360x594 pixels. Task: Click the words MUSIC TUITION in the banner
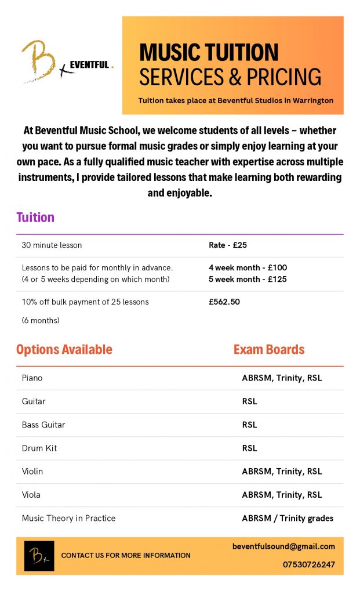coord(209,53)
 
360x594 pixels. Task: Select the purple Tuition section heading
coord(35,218)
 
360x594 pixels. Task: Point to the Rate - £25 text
coord(228,245)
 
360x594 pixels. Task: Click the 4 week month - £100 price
coord(248,268)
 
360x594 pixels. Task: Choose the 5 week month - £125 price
coord(248,279)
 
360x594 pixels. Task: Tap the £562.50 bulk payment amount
coord(224,302)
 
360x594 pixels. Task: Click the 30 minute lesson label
coord(52,245)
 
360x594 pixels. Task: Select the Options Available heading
coord(64,349)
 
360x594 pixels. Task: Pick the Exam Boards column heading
coord(269,349)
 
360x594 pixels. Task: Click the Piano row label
coord(32,378)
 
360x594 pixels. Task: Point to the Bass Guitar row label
coord(43,425)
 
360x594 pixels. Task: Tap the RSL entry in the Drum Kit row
coord(249,448)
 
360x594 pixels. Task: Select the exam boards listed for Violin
coord(282,472)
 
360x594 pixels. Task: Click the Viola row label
coord(31,495)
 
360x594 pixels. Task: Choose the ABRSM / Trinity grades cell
coord(288,518)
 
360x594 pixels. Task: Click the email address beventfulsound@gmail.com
coord(283,546)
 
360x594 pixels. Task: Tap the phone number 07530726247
coord(309,564)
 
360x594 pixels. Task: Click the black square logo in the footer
coord(39,556)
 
